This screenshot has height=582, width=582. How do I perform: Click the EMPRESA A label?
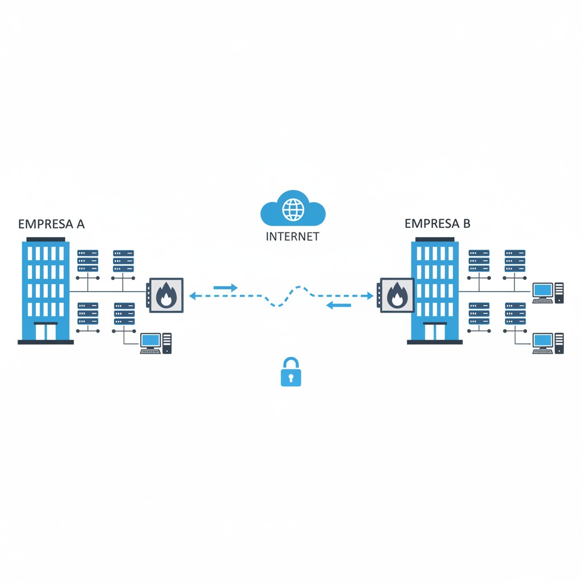(51, 224)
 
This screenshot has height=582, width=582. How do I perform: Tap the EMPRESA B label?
(437, 223)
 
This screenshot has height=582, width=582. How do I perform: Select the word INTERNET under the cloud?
(293, 236)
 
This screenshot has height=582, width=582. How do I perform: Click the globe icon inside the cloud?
(293, 210)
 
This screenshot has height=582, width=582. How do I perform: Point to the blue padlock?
(291, 372)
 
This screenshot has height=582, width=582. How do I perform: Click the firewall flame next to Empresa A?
(166, 295)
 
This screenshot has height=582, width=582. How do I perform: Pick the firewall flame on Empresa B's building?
(397, 295)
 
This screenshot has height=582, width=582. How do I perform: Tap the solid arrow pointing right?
(226, 287)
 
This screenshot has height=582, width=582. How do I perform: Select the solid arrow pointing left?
(339, 305)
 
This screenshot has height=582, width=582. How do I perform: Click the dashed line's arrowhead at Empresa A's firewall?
(192, 296)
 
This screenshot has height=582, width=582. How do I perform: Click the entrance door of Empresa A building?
(45, 331)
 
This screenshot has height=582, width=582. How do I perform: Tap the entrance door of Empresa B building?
(435, 331)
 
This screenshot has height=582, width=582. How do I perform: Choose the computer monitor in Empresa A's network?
(151, 340)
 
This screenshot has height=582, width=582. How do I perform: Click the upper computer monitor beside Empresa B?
(542, 290)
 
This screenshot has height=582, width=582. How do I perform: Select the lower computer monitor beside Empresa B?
(542, 340)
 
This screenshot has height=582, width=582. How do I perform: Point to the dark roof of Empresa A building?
(45, 239)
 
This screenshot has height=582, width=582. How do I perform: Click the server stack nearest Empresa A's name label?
(88, 261)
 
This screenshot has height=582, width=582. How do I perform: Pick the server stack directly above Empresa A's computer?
(124, 314)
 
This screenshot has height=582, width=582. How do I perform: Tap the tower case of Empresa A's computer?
(167, 343)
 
